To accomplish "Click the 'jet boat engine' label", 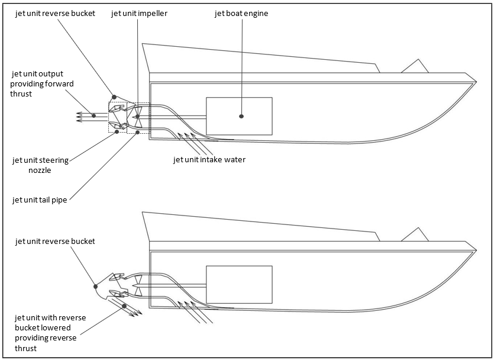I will click(x=241, y=13).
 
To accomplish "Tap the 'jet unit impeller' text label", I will click(x=139, y=13).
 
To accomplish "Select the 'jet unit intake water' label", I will click(x=209, y=159).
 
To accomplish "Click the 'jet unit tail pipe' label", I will click(x=40, y=200).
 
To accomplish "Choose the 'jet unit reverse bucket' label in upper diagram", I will click(x=56, y=13).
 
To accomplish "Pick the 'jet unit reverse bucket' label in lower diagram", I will click(x=56, y=241).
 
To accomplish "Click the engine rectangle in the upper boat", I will click(x=239, y=116).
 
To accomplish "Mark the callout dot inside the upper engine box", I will click(x=241, y=116).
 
